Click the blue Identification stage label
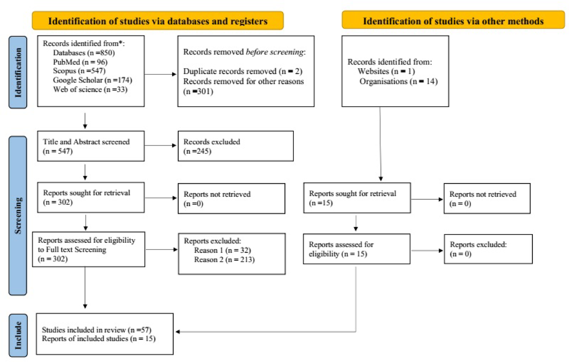(x=18, y=72)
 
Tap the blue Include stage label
(x=18, y=335)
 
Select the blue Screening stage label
(x=18, y=215)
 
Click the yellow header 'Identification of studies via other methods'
(x=453, y=21)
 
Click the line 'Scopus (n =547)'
(x=79, y=71)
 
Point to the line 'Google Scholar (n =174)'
(x=92, y=80)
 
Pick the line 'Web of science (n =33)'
(x=90, y=90)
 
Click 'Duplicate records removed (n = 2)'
(x=243, y=71)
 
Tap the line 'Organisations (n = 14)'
(x=398, y=82)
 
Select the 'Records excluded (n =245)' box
(x=235, y=146)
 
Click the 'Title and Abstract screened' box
(x=90, y=146)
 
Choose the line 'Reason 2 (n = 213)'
(x=224, y=260)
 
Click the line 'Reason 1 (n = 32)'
(x=222, y=250)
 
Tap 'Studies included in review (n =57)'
(x=96, y=330)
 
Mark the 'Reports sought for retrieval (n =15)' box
(x=357, y=198)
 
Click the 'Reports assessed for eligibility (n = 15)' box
(x=356, y=249)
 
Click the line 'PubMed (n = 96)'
(x=80, y=62)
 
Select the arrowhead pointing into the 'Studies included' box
(x=178, y=332)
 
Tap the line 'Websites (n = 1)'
(x=386, y=71)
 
